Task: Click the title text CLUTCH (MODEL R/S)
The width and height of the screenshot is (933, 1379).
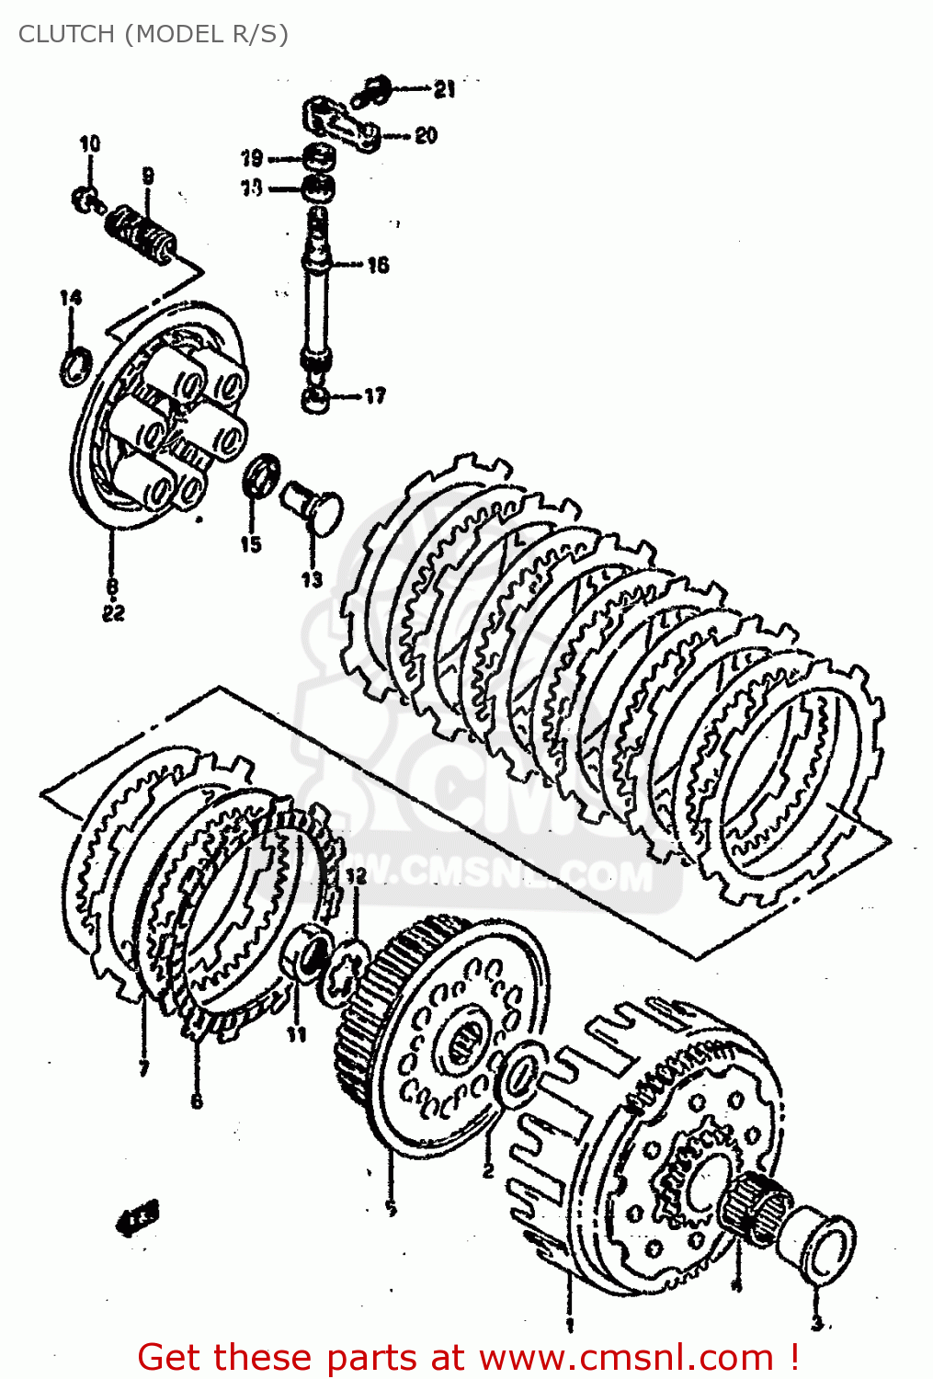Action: point(153,34)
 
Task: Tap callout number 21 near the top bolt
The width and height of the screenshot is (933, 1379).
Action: point(444,89)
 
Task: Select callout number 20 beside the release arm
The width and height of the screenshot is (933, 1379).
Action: point(426,135)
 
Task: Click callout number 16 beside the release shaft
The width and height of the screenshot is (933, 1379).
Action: point(378,265)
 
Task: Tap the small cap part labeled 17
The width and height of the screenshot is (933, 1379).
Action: point(316,400)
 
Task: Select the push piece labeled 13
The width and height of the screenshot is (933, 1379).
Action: point(313,507)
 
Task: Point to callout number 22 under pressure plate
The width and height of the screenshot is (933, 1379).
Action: point(113,613)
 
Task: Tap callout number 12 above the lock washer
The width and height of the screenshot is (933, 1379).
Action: point(355,876)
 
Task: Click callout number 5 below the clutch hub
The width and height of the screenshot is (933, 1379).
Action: point(391,1209)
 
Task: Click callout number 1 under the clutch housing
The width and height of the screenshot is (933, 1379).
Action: point(569,1325)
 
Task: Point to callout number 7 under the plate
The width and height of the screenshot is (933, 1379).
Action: point(143,1068)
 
